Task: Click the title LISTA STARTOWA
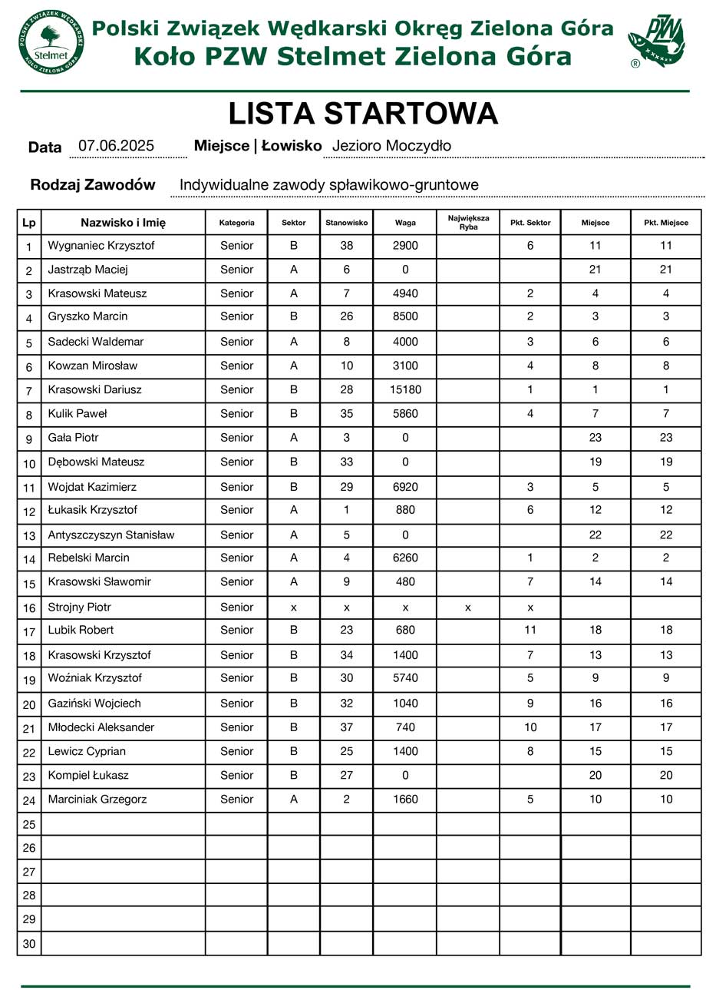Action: pos(364,114)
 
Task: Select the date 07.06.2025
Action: pos(117,146)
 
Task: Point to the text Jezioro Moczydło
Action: pos(391,146)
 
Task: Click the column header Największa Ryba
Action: pos(467,223)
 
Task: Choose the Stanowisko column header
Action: pos(347,223)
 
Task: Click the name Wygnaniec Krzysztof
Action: pos(101,247)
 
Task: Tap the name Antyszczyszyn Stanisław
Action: pos(111,535)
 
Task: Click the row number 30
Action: pos(29,944)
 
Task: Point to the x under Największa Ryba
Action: pos(467,608)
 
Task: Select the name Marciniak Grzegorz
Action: pos(97,800)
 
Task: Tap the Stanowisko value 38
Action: pos(347,247)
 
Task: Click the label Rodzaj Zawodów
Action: pos(93,185)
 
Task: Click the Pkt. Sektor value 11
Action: pos(529,631)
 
